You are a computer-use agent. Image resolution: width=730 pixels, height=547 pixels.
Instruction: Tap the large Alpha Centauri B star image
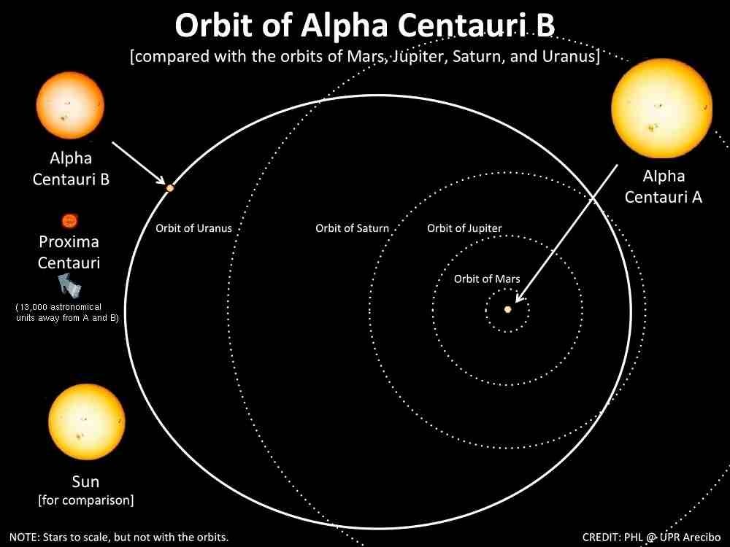click(x=70, y=106)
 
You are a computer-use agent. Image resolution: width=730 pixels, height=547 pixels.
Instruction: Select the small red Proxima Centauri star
click(x=69, y=220)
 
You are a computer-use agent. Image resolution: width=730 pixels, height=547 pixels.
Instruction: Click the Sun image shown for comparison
click(x=85, y=423)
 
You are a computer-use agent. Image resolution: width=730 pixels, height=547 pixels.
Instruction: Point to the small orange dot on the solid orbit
click(x=170, y=188)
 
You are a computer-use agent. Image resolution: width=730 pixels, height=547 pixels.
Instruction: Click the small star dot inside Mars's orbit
click(x=508, y=309)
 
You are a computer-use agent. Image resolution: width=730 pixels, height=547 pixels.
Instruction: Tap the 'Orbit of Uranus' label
click(x=193, y=228)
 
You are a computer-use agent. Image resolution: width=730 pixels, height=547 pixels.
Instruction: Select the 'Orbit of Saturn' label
click(x=352, y=228)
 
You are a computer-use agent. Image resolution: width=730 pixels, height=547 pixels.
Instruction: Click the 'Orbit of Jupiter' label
click(x=464, y=228)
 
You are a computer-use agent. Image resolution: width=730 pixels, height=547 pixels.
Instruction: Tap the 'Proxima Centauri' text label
click(x=69, y=252)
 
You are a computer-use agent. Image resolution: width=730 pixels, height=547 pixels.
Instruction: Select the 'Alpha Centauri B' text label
click(x=71, y=168)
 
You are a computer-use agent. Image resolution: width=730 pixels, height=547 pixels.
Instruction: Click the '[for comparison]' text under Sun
click(x=85, y=500)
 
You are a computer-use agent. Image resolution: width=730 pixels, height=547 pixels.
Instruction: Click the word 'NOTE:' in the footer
click(x=26, y=538)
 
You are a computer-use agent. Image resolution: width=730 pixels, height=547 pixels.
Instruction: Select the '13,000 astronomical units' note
click(x=68, y=313)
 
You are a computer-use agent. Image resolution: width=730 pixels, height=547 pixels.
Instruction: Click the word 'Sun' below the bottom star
click(x=85, y=482)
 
